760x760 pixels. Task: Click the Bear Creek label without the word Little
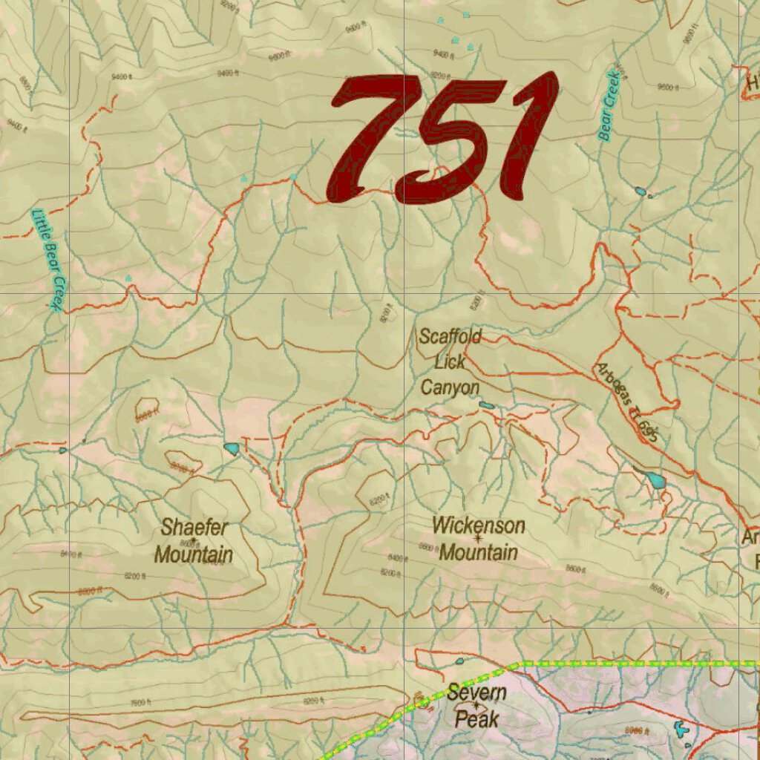click(609, 105)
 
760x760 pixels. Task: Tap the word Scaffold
click(450, 337)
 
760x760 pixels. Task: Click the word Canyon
click(450, 387)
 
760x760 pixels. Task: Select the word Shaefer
click(194, 528)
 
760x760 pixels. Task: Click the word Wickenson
click(478, 525)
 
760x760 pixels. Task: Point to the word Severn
click(476, 694)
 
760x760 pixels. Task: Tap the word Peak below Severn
click(476, 719)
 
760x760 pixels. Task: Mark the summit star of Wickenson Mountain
click(478, 538)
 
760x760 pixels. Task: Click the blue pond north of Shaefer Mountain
click(232, 448)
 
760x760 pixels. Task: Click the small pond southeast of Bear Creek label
click(641, 191)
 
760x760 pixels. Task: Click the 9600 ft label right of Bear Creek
click(668, 88)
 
